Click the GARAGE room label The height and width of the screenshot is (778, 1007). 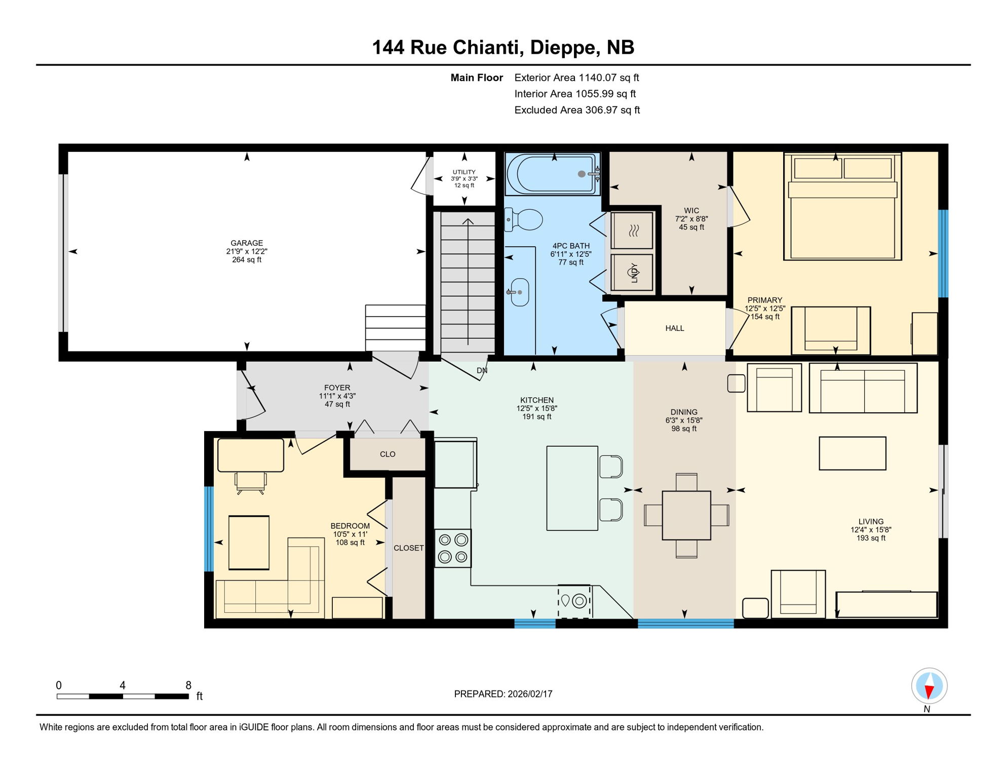[x=247, y=243]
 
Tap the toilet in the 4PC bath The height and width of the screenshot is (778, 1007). [x=525, y=220]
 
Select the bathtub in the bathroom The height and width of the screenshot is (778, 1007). [x=552, y=174]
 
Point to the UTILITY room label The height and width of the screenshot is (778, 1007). [x=464, y=172]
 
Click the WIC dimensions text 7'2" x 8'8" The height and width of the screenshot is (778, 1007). [x=691, y=219]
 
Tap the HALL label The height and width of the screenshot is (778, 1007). [x=675, y=328]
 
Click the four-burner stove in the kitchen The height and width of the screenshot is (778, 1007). [x=453, y=548]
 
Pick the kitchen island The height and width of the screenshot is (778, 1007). [x=572, y=488]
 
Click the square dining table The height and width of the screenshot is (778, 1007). [x=686, y=515]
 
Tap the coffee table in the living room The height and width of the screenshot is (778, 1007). [x=853, y=453]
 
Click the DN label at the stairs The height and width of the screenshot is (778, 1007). [x=482, y=371]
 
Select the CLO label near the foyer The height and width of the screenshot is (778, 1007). [x=388, y=454]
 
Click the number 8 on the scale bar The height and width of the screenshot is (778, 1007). [x=188, y=685]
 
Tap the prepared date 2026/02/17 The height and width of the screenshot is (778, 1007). [x=530, y=694]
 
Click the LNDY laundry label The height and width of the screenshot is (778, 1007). [x=634, y=273]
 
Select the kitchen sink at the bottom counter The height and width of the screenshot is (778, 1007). [x=574, y=601]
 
